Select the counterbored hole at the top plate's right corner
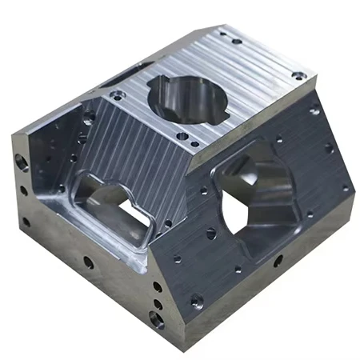[x=298, y=76]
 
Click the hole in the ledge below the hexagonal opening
[x=278, y=261]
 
